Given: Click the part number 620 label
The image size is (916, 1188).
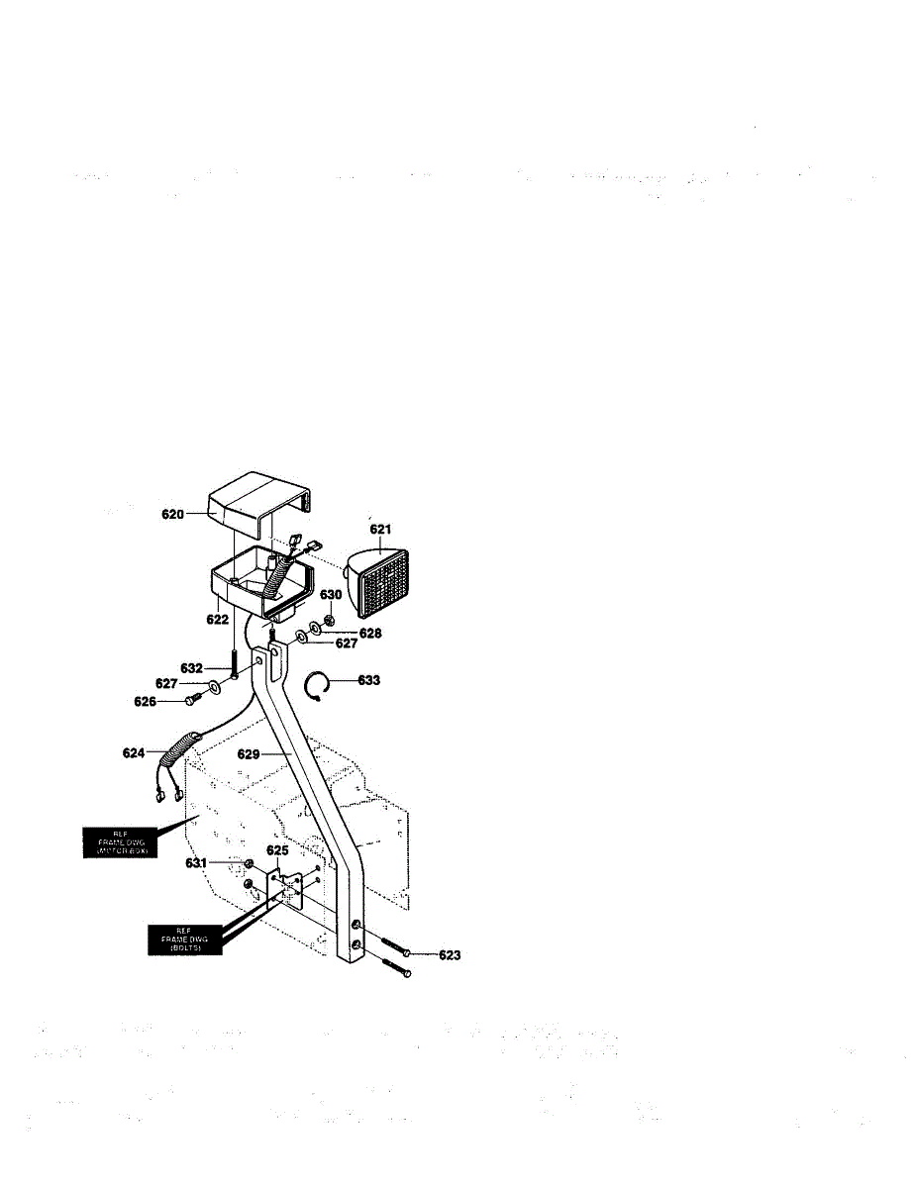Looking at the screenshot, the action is (x=172, y=514).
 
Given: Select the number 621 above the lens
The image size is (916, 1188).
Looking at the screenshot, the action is (x=380, y=530).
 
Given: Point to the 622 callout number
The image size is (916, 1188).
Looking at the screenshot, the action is (x=217, y=619).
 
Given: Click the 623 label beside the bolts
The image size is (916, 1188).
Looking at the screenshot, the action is (x=449, y=955).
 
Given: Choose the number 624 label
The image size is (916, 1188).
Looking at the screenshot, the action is (x=135, y=753).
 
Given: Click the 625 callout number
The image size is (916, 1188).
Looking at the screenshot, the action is (x=277, y=850).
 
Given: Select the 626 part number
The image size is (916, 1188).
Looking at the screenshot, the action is (x=146, y=702).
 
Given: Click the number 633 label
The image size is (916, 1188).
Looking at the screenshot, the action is (x=368, y=681).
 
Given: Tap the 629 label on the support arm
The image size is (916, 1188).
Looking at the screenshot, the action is (x=249, y=754).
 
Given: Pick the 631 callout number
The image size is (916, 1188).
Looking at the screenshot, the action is (x=197, y=863).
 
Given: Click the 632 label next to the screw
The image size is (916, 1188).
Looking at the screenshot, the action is (x=191, y=667).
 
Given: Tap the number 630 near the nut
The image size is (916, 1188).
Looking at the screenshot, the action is (x=330, y=595).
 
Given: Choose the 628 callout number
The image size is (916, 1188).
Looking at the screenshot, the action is (x=370, y=632).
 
